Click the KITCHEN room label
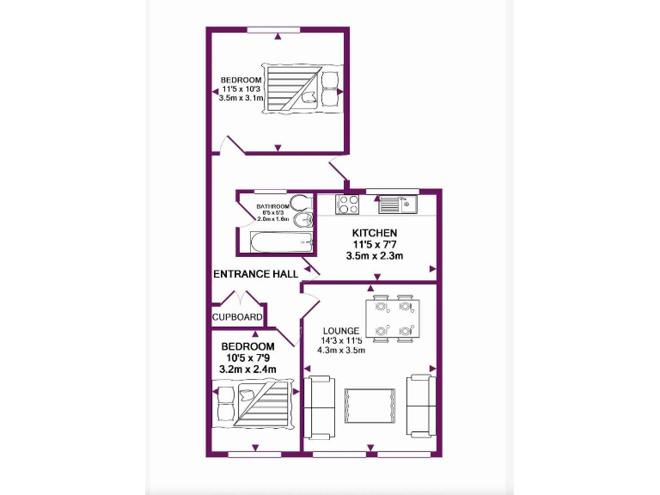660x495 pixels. [374, 233]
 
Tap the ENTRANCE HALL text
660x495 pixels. [255, 274]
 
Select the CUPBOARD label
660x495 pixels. [237, 317]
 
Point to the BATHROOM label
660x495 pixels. [273, 206]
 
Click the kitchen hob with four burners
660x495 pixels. [347, 205]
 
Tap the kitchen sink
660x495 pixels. [397, 205]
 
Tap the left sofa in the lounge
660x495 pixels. [321, 405]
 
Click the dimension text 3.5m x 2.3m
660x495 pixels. [374, 255]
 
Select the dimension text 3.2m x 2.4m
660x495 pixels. [247, 370]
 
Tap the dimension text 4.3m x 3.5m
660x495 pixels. [341, 351]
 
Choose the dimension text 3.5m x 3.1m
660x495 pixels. [241, 99]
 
